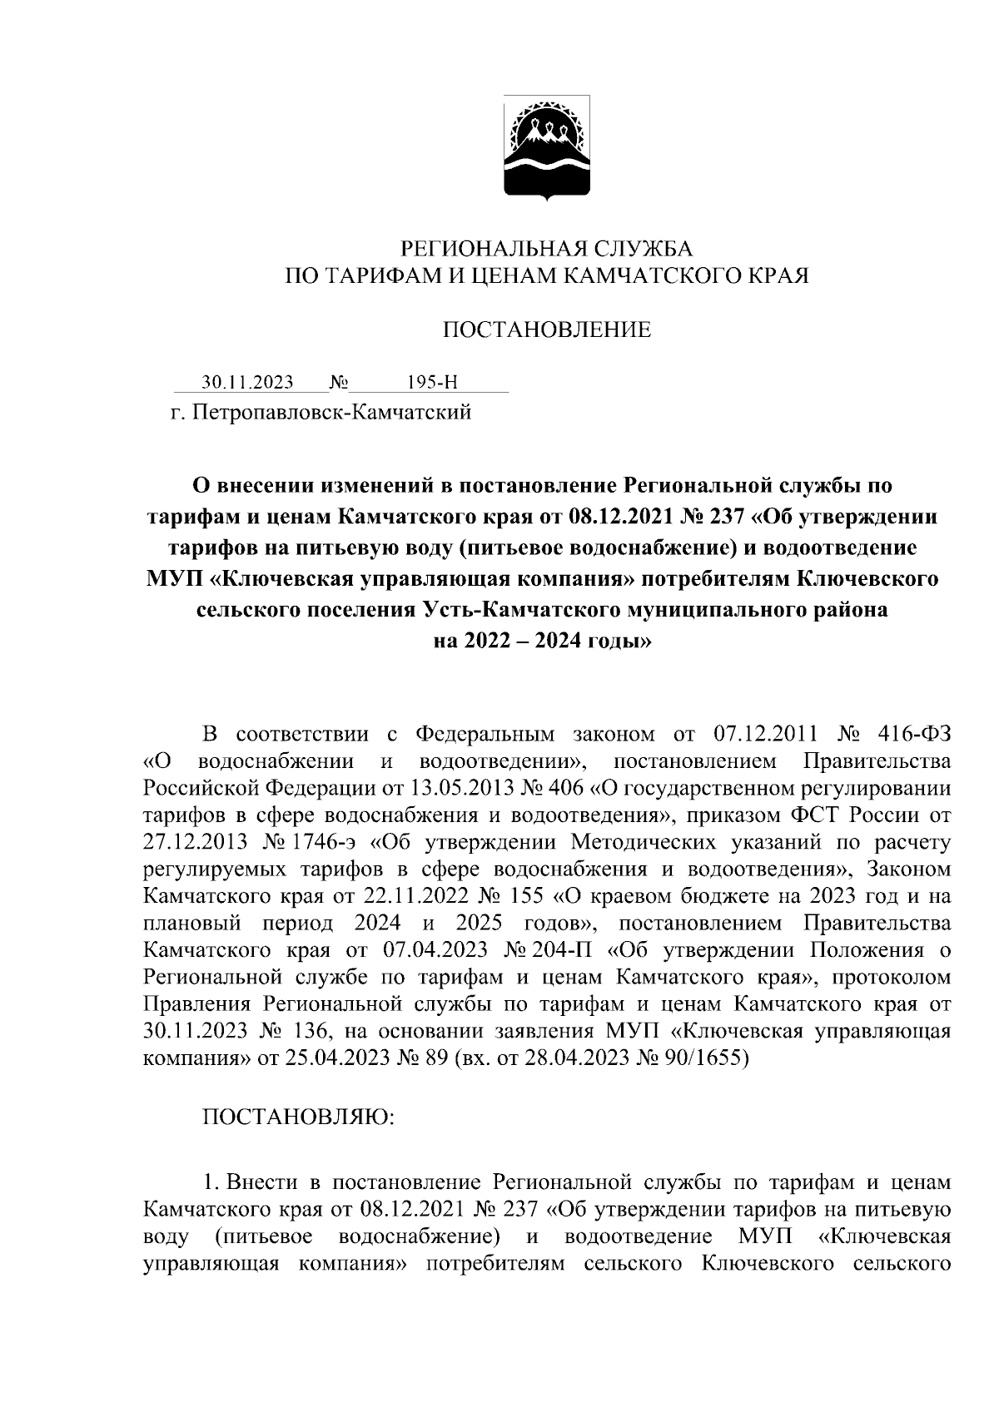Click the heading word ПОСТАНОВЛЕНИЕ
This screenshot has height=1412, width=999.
coord(546,330)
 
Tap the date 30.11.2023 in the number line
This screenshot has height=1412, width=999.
coord(247,383)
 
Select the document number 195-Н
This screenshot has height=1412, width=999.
coord(433,383)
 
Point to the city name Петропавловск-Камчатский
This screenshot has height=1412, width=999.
coord(332,412)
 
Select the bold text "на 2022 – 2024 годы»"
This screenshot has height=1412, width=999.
coord(546,642)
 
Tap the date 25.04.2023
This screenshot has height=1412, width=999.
coord(347,1058)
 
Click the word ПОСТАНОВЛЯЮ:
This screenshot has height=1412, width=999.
coord(299,1119)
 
